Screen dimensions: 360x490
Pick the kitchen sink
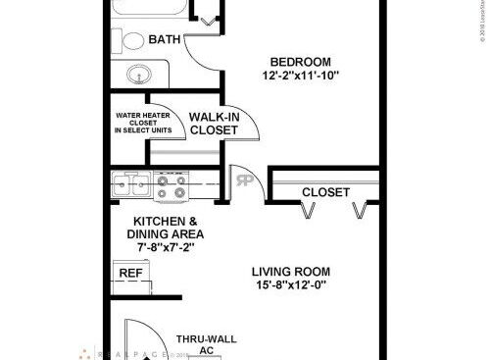click(x=128, y=181)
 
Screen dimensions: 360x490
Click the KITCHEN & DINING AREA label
click(x=166, y=228)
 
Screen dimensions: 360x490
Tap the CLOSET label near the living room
click(x=325, y=192)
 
